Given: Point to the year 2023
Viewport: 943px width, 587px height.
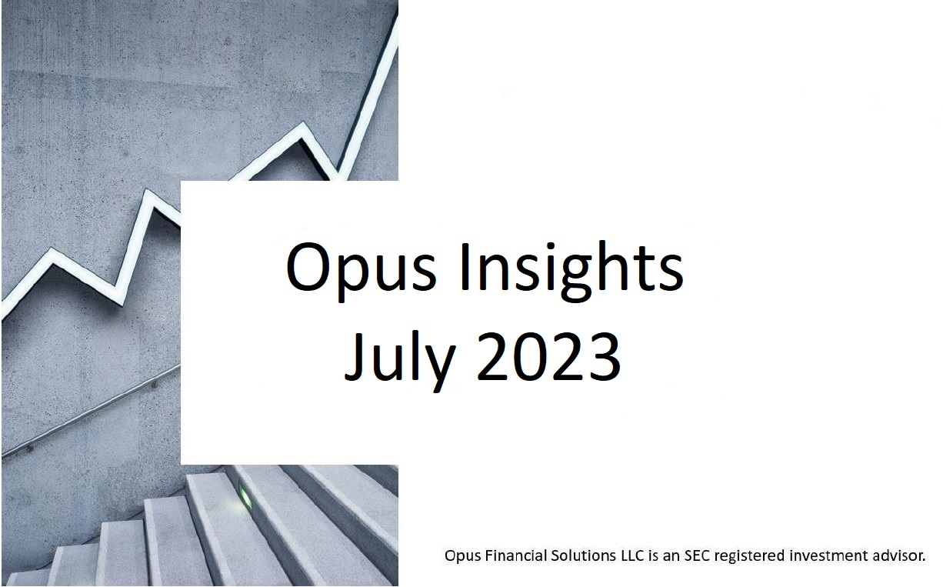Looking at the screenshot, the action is click(x=548, y=356).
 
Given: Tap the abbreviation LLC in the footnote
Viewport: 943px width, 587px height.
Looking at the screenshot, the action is click(x=633, y=555).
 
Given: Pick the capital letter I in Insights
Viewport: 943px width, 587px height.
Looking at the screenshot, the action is click(x=465, y=268).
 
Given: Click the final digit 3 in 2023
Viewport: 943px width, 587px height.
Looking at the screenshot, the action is click(x=604, y=357).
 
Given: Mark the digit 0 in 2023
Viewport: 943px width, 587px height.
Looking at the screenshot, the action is click(x=531, y=357).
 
